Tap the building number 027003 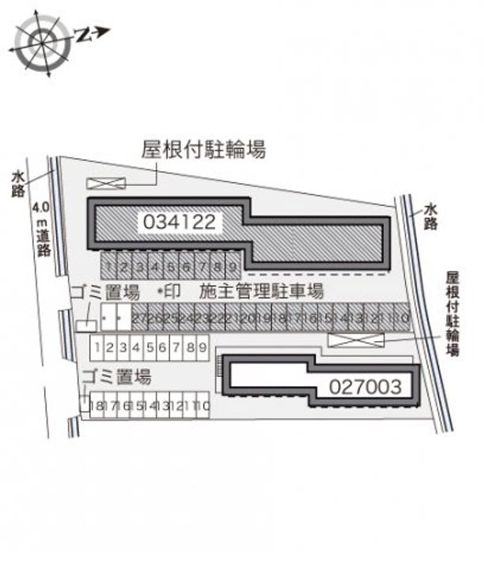click(366, 386)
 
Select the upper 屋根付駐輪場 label click(203, 148)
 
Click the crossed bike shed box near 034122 click(106, 183)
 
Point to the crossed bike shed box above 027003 click(356, 340)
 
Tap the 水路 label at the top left click(17, 184)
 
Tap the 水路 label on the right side click(430, 215)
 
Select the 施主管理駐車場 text click(262, 291)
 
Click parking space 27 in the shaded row click(139, 318)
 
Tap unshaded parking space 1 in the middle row click(96, 346)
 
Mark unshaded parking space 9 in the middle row click(202, 346)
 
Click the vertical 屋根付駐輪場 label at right click(452, 314)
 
